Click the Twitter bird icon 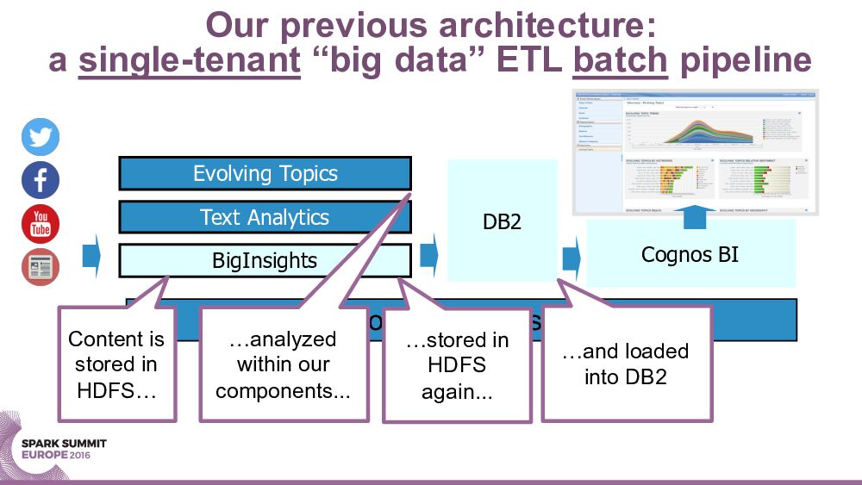(x=41, y=138)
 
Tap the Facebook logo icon (x=41, y=181)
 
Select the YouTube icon (x=41, y=224)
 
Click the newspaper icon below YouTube (x=41, y=266)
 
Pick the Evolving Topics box (x=265, y=173)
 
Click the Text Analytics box (x=265, y=217)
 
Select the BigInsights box (x=265, y=260)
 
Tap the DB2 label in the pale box (x=501, y=222)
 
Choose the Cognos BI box (x=690, y=254)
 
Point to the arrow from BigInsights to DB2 (x=428, y=256)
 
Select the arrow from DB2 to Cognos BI (x=570, y=257)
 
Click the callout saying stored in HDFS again (x=457, y=365)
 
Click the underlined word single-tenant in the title (x=190, y=60)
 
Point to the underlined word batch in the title (x=622, y=60)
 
